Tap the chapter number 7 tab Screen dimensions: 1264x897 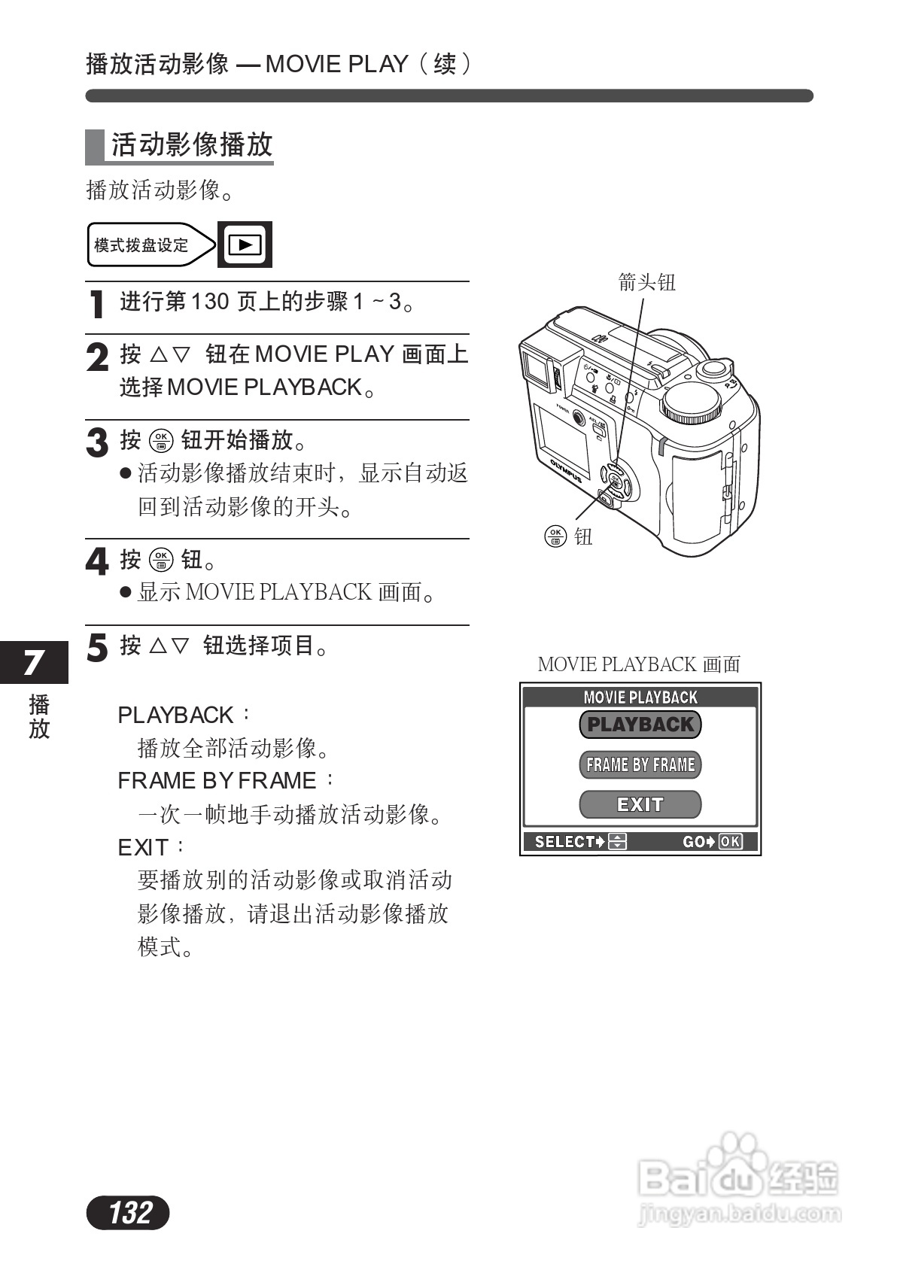(x=33, y=662)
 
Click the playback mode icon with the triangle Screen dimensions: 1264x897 (x=245, y=245)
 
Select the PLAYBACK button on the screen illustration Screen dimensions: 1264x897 (x=640, y=725)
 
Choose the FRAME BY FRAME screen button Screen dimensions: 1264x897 (x=640, y=764)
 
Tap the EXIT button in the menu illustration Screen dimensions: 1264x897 (x=640, y=804)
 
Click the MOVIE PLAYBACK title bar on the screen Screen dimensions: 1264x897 (x=640, y=697)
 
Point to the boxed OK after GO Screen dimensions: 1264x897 (x=730, y=841)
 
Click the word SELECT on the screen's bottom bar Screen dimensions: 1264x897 (x=564, y=841)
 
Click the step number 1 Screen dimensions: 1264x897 (x=96, y=304)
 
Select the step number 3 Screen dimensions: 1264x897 (x=97, y=442)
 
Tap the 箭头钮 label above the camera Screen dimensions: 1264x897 (x=646, y=282)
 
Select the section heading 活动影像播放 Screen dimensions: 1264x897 (x=191, y=144)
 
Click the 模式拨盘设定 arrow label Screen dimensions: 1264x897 (x=143, y=245)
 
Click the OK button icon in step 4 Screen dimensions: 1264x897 (x=161, y=560)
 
